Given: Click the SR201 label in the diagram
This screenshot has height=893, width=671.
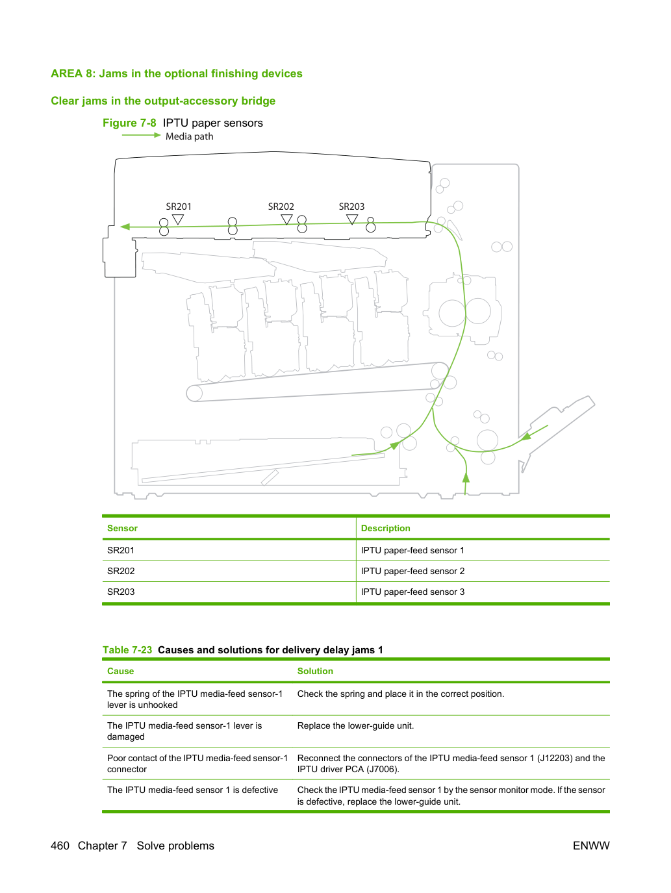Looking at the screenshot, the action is tap(178, 207).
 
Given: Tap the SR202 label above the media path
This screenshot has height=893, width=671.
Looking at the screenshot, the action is tap(281, 207).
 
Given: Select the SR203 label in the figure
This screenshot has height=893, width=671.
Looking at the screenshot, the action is tap(351, 207).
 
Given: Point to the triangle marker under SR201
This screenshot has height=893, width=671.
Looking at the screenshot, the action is tap(178, 220).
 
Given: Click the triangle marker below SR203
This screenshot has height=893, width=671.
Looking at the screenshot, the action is tap(352, 220).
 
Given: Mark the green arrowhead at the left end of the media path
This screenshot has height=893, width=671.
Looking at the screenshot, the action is tap(125, 227).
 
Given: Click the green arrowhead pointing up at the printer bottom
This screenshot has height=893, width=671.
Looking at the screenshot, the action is tap(466, 477).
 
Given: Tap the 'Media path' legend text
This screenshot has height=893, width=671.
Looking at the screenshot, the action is tap(189, 136).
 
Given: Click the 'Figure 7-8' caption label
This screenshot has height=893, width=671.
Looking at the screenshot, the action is tap(129, 123).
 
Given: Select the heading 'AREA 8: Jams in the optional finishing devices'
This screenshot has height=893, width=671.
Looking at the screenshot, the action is tap(177, 73).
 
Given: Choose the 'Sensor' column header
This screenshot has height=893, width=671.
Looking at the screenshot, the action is tap(123, 528).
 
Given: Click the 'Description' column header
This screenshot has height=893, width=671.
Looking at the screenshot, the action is tap(385, 528).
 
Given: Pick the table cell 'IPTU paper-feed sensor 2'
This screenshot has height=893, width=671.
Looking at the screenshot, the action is tap(412, 571).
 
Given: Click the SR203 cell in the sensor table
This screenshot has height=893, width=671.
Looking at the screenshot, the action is tap(121, 592).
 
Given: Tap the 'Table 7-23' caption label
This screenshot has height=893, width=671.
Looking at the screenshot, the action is tap(127, 649).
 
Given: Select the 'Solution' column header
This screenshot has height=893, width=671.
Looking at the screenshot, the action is tap(315, 671).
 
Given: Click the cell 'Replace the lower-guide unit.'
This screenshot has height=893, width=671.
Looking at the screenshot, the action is tap(356, 725).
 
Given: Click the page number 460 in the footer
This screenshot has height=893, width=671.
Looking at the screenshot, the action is tap(60, 846).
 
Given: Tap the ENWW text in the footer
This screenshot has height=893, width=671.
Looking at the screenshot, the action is tap(591, 846).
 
